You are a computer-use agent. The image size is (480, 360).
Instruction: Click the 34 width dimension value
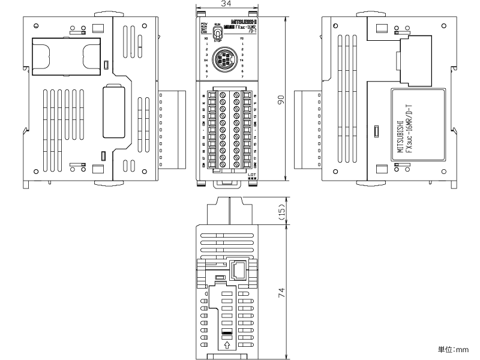point(226,4)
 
